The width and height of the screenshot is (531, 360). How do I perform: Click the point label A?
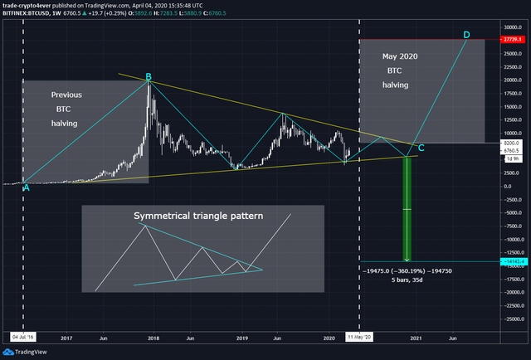(27, 187)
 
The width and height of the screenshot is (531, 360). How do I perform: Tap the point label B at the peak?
(149, 77)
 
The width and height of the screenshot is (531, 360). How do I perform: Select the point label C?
(421, 148)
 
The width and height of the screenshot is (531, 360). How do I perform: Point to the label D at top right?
(466, 36)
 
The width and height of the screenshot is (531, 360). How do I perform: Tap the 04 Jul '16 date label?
(23, 338)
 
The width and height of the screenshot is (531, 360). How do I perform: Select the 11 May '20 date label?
(359, 338)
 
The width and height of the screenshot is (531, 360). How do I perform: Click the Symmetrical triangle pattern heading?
(198, 216)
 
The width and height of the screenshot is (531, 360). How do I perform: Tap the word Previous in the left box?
(66, 95)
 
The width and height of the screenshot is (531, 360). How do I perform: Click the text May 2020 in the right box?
(398, 56)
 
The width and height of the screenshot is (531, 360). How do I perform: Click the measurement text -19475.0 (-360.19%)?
(402, 270)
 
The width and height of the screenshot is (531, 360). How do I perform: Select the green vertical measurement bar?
(407, 207)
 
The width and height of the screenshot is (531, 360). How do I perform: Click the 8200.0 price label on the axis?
(512, 144)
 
